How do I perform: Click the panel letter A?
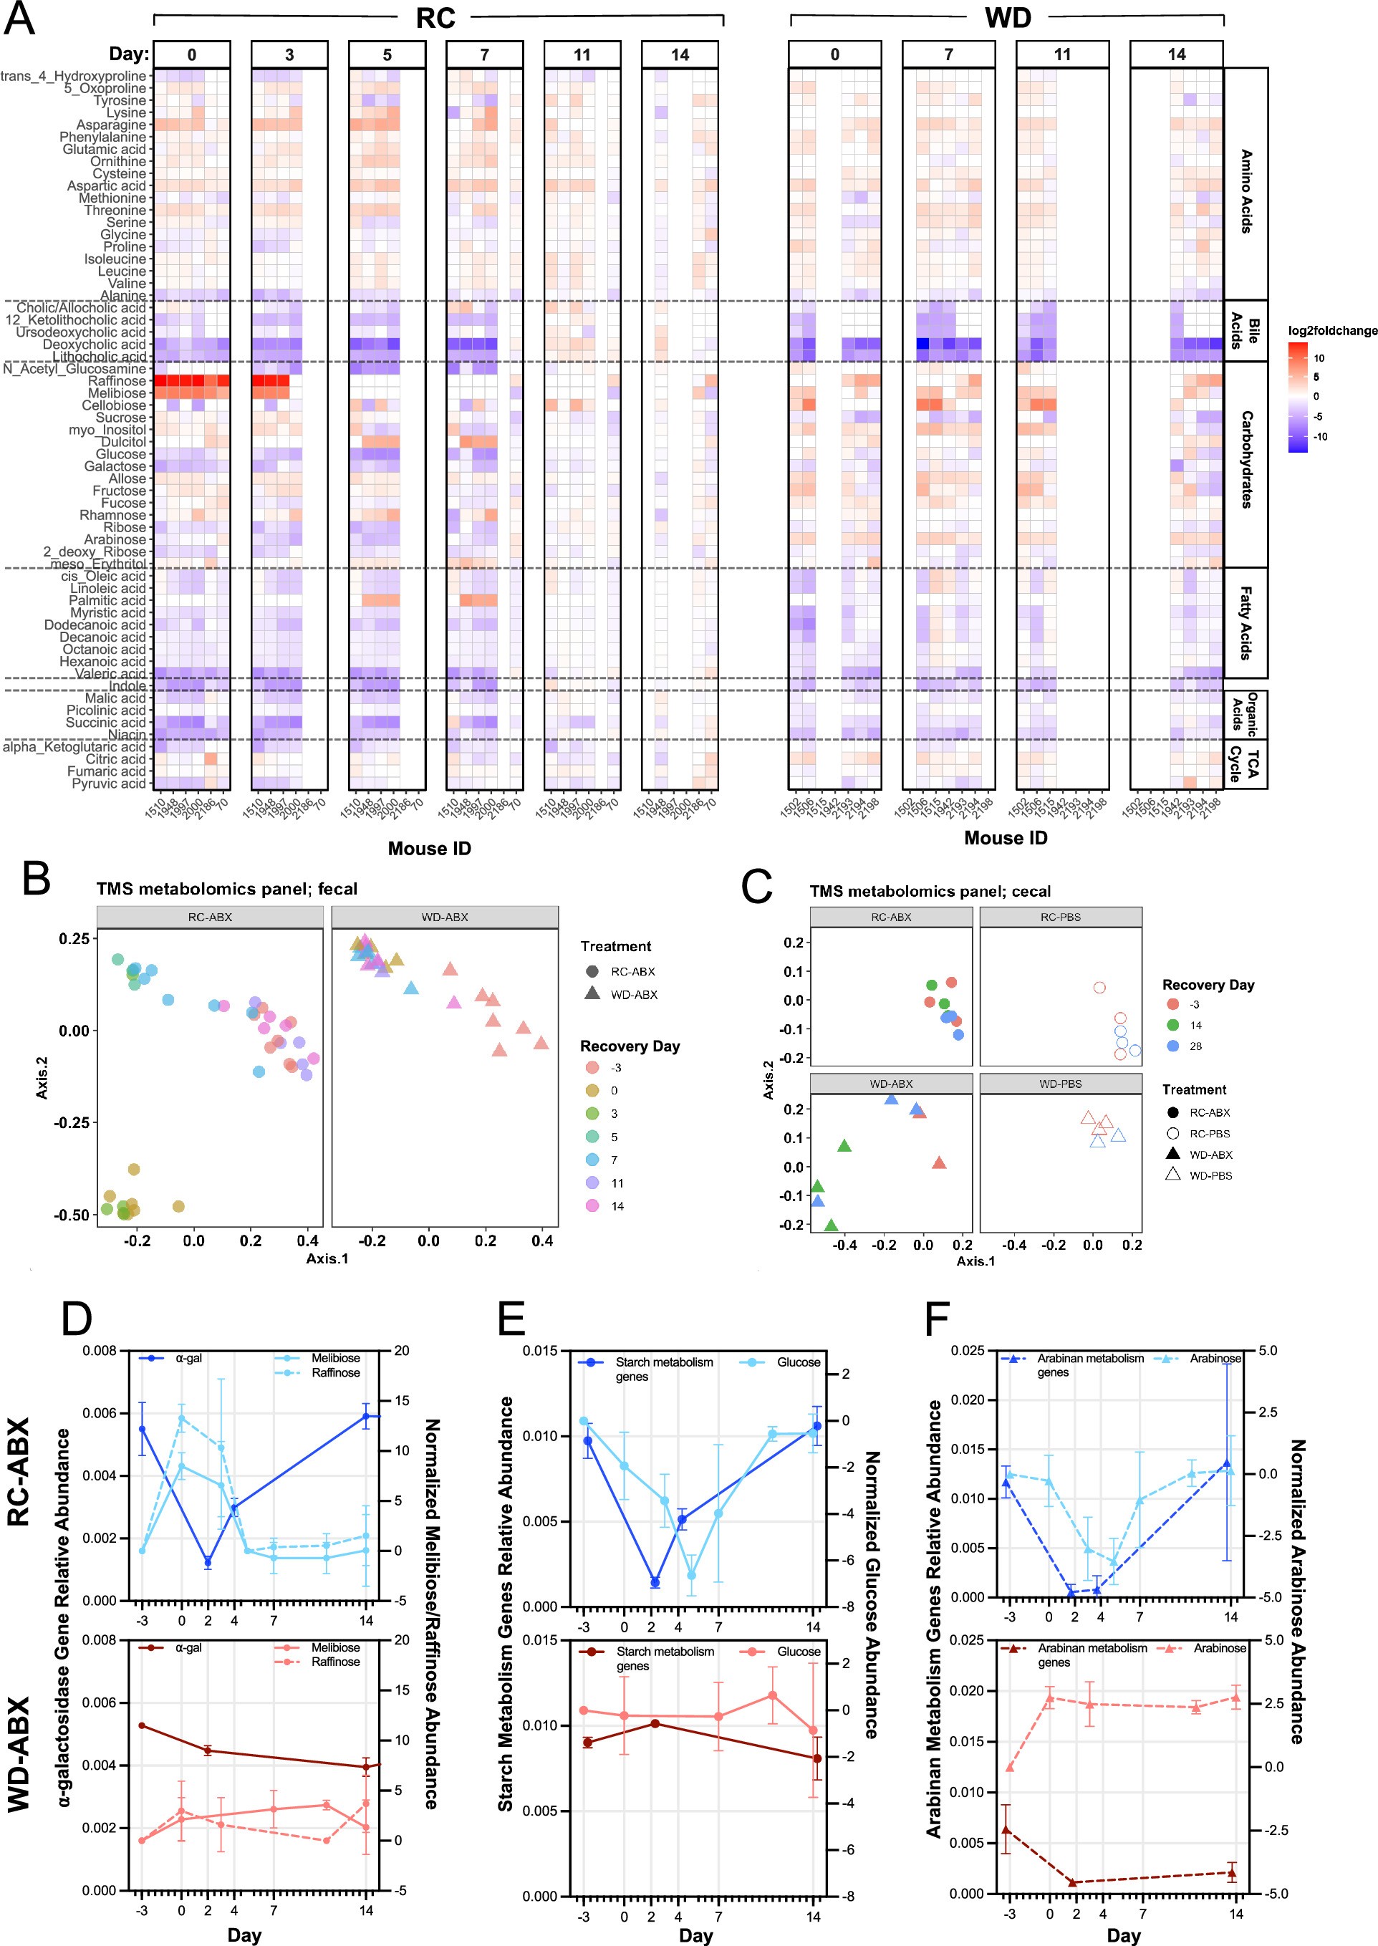coord(19,19)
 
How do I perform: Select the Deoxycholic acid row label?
coord(95,345)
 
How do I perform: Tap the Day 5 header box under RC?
coord(387,54)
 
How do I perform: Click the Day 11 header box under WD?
coord(1062,54)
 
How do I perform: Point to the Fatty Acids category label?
coord(1245,622)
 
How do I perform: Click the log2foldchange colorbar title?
coord(1332,331)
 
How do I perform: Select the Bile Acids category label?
coord(1245,331)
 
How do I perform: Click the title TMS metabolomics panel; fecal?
coord(226,889)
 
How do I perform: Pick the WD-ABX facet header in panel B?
coord(445,917)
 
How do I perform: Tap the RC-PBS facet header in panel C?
coord(1060,917)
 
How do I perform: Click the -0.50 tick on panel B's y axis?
coord(74,1215)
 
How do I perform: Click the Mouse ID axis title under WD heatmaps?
coord(1006,838)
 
